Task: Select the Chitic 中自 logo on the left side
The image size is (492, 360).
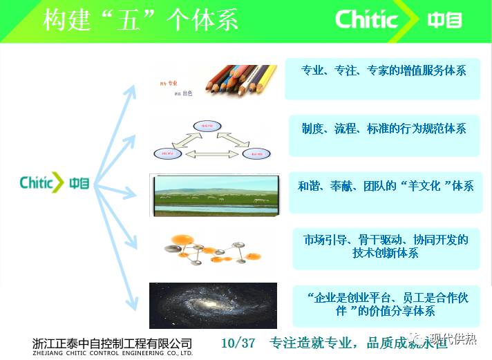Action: pyautogui.click(x=55, y=183)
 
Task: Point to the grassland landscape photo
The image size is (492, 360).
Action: pyautogui.click(x=214, y=195)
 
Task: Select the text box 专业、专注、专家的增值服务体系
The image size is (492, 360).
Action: pyautogui.click(x=384, y=70)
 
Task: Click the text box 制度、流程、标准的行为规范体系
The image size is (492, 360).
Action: pyautogui.click(x=384, y=129)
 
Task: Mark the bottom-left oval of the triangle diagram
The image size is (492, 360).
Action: pyautogui.click(x=167, y=153)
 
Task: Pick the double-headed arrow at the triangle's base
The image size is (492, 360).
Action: pyautogui.click(x=210, y=153)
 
